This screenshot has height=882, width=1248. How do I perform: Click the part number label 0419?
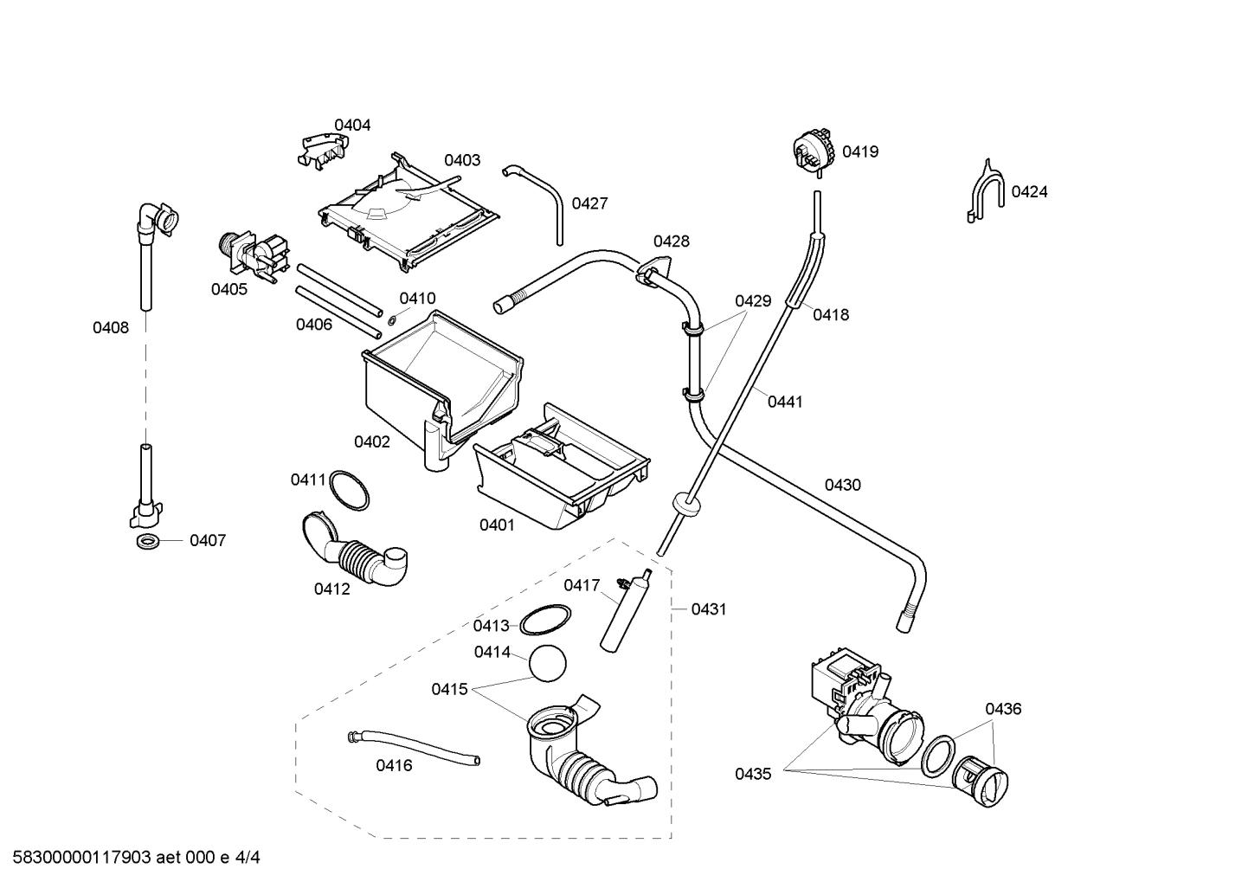pos(859,152)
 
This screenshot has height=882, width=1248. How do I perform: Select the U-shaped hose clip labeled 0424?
pos(986,193)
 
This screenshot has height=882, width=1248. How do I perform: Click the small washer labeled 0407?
pos(148,542)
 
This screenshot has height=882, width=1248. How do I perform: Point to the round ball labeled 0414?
pos(547,666)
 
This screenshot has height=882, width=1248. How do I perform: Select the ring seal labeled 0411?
pos(350,491)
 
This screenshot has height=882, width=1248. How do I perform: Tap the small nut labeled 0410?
pos(393,319)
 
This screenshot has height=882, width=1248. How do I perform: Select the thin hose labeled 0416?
pos(414,746)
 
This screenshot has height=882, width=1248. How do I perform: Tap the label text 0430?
pos(842,486)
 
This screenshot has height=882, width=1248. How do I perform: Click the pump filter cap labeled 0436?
pos(984,781)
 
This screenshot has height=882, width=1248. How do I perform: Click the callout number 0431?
pos(709,609)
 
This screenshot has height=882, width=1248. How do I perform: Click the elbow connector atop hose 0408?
pos(158,216)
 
